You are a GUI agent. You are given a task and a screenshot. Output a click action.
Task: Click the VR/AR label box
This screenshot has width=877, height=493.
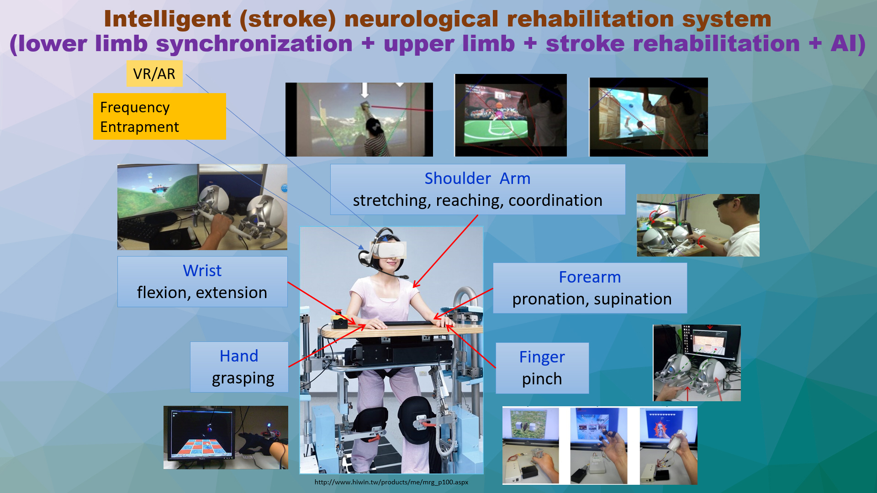154,73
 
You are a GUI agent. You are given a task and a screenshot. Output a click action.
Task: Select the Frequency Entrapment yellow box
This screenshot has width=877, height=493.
159,116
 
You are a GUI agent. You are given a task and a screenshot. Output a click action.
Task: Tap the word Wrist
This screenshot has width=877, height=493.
202,271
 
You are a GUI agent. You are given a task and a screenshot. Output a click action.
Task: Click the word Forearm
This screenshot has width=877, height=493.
590,277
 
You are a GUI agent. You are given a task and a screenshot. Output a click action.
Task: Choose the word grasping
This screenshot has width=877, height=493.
243,379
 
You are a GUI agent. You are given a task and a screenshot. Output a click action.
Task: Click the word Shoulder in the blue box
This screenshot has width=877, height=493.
458,178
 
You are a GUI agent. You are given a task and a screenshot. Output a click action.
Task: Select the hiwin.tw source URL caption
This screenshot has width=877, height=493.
391,482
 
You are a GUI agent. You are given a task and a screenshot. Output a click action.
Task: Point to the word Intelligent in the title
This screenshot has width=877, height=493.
168,19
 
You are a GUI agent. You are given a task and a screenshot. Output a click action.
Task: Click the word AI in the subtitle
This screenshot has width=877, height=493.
843,44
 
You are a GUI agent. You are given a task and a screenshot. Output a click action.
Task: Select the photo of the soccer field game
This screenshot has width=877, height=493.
511,115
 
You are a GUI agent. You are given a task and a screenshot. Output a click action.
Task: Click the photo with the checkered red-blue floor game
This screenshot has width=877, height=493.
226,437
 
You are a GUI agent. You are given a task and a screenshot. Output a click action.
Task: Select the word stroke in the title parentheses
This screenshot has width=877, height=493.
287,19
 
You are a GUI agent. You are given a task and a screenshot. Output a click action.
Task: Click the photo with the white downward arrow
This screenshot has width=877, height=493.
359,120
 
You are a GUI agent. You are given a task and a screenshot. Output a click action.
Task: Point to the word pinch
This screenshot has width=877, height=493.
542,379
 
